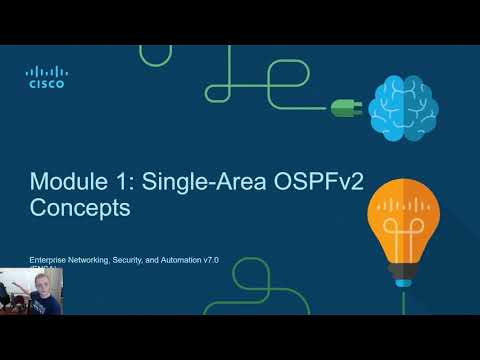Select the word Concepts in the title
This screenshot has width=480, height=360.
(80, 211)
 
